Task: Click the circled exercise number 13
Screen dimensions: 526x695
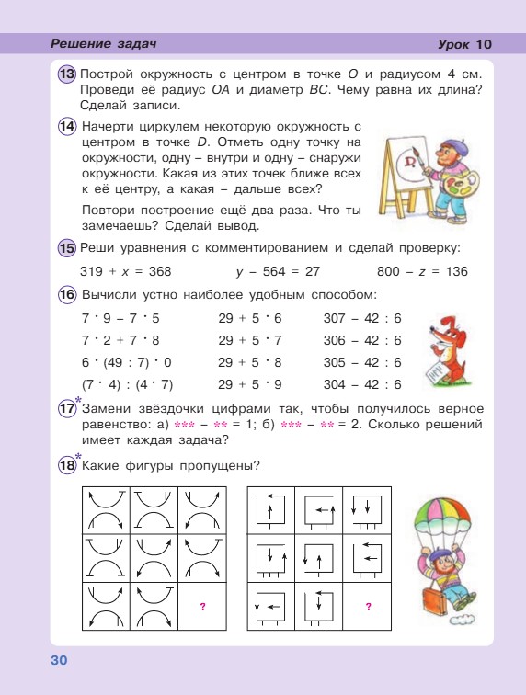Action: click(x=67, y=74)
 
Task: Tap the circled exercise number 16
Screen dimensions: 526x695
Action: click(x=67, y=295)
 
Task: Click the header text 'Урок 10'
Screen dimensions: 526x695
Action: click(x=466, y=44)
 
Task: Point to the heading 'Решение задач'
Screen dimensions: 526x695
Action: click(x=104, y=44)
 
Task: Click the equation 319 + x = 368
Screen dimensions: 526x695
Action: click(x=126, y=272)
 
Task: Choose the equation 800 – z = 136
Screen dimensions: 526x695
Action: click(x=422, y=272)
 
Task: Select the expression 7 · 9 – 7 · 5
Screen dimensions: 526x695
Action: click(x=120, y=319)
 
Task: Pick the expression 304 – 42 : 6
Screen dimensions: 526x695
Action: click(x=363, y=385)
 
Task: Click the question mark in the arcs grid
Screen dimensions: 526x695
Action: click(x=201, y=606)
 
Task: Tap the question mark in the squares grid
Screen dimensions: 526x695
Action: click(x=368, y=606)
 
